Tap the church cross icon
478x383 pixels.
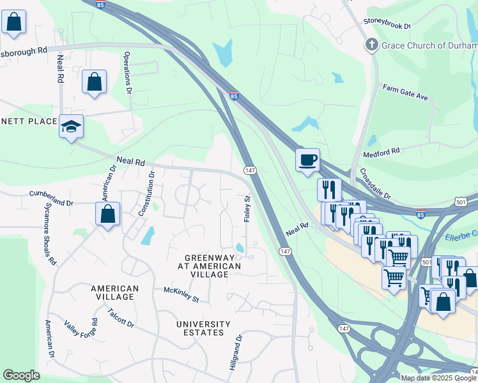click(371, 45)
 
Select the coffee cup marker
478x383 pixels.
click(307, 160)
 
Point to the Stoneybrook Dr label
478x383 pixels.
click(387, 21)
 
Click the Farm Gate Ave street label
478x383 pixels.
click(405, 92)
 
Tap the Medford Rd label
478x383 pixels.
click(381, 152)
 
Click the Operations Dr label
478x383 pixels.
click(128, 73)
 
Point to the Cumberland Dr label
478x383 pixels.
click(52, 197)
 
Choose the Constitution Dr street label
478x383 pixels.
click(147, 192)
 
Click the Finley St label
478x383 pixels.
click(246, 209)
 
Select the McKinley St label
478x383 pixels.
click(181, 294)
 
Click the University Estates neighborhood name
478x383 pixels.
click(204, 328)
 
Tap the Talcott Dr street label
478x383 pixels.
click(121, 318)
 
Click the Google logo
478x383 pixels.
click(21, 375)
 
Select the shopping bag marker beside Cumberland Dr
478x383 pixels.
click(108, 214)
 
